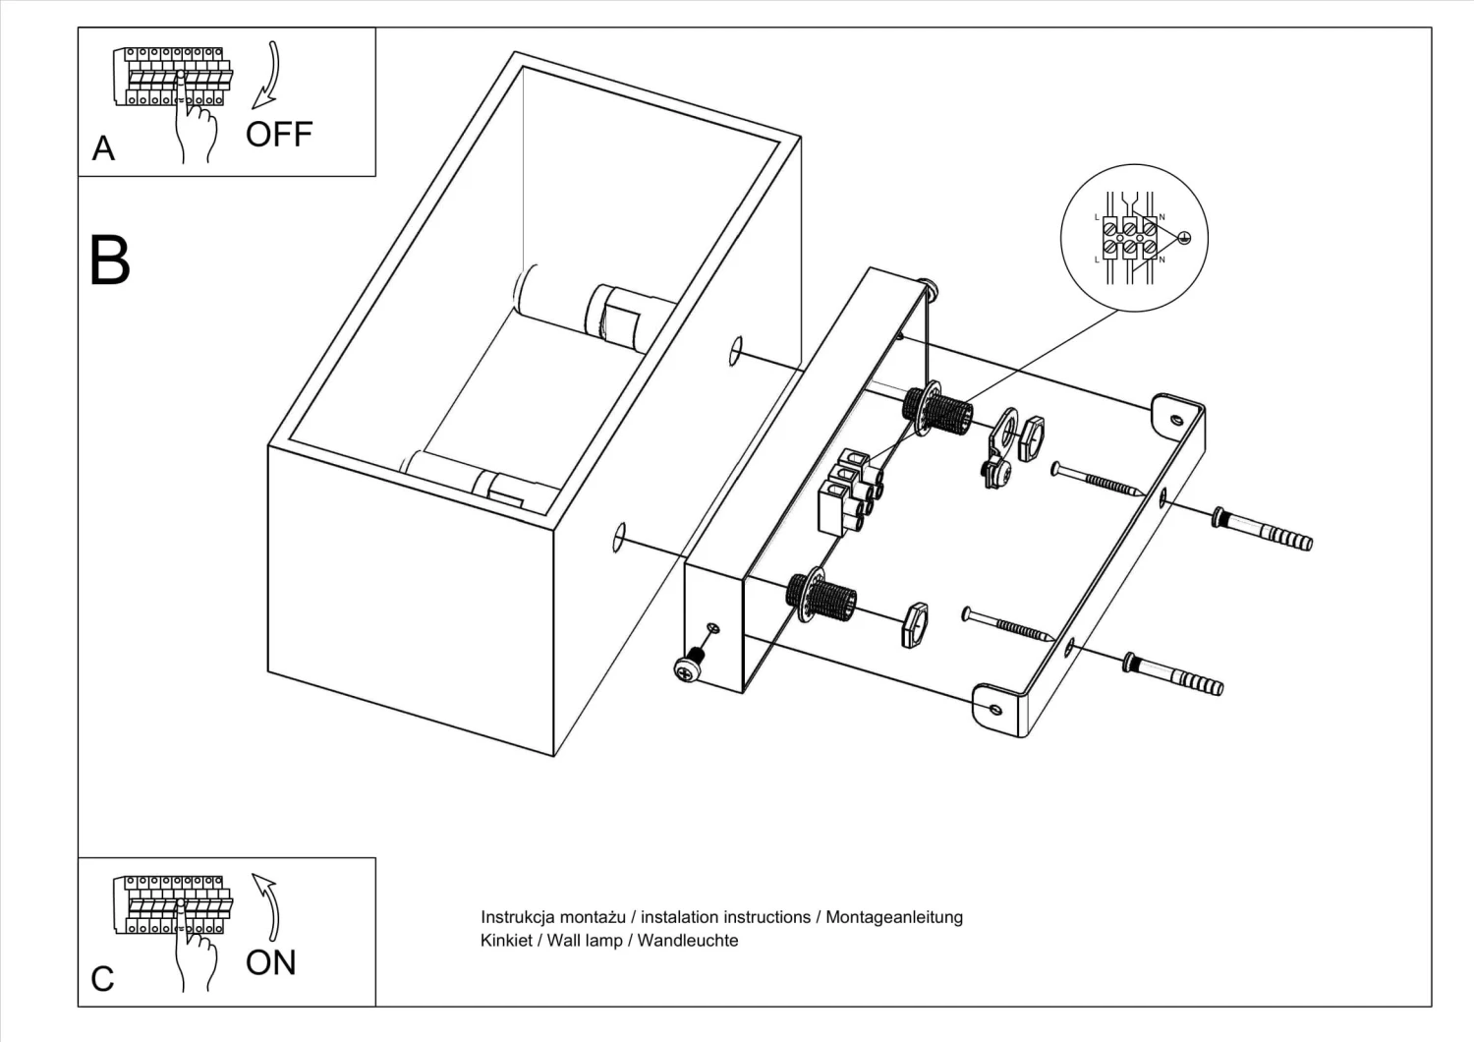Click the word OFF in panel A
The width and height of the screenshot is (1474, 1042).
[x=278, y=134]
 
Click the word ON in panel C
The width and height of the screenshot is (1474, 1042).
[x=270, y=962]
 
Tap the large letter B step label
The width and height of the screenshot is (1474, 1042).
[x=109, y=260]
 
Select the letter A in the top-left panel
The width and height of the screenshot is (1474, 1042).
[x=103, y=148]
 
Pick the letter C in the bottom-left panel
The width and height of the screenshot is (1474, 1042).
[x=102, y=979]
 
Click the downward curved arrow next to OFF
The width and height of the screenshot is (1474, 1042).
[x=266, y=75]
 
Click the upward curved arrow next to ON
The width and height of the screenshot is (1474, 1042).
[x=266, y=904]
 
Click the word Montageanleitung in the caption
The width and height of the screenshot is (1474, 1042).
[x=893, y=917]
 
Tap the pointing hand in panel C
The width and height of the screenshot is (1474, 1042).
[x=196, y=954]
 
